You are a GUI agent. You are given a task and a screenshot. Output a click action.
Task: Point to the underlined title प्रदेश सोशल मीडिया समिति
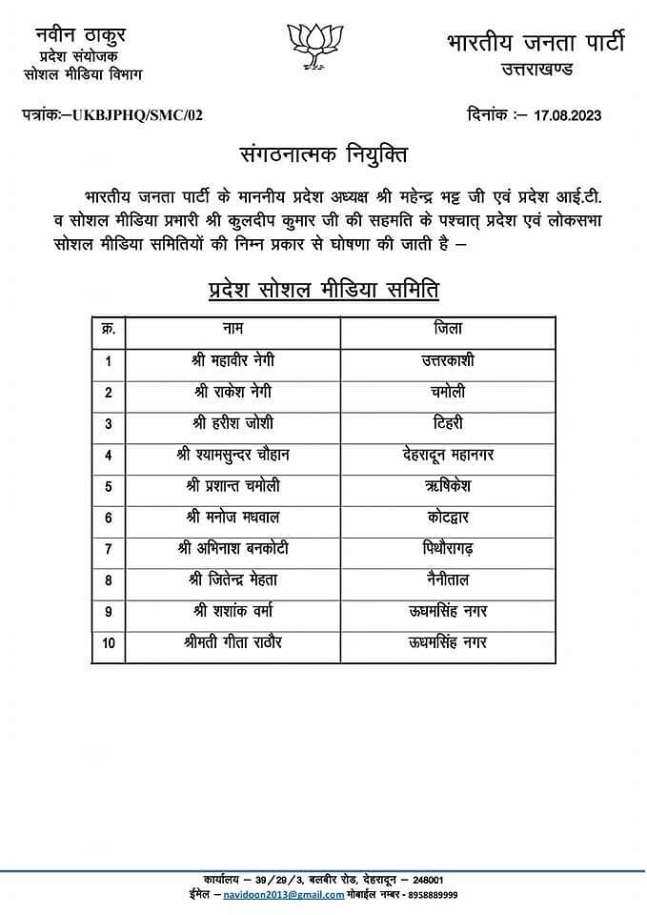pyautogui.click(x=323, y=290)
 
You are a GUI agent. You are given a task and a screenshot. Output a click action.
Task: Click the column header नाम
pyautogui.click(x=233, y=329)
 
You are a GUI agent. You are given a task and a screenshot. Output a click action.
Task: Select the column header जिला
pyautogui.click(x=447, y=329)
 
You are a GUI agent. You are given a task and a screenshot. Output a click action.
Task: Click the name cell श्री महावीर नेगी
pyautogui.click(x=234, y=360)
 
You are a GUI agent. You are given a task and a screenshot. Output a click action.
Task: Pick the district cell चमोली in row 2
pyautogui.click(x=447, y=392)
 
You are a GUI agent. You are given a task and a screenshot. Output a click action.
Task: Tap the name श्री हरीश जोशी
pyautogui.click(x=233, y=423)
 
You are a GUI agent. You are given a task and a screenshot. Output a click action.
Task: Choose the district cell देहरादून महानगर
pyautogui.click(x=447, y=455)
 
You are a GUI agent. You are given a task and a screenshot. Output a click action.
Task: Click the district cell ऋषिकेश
pyautogui.click(x=447, y=486)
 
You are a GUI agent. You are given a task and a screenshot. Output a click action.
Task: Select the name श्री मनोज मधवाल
pyautogui.click(x=233, y=518)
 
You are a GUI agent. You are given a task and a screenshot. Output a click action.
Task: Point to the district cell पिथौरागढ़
pyautogui.click(x=447, y=548)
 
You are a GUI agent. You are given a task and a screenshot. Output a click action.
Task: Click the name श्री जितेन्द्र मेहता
pyautogui.click(x=233, y=579)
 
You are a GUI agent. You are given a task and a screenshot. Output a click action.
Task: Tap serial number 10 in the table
pyautogui.click(x=109, y=643)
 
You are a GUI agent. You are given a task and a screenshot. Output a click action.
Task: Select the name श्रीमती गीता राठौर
pyautogui.click(x=233, y=642)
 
